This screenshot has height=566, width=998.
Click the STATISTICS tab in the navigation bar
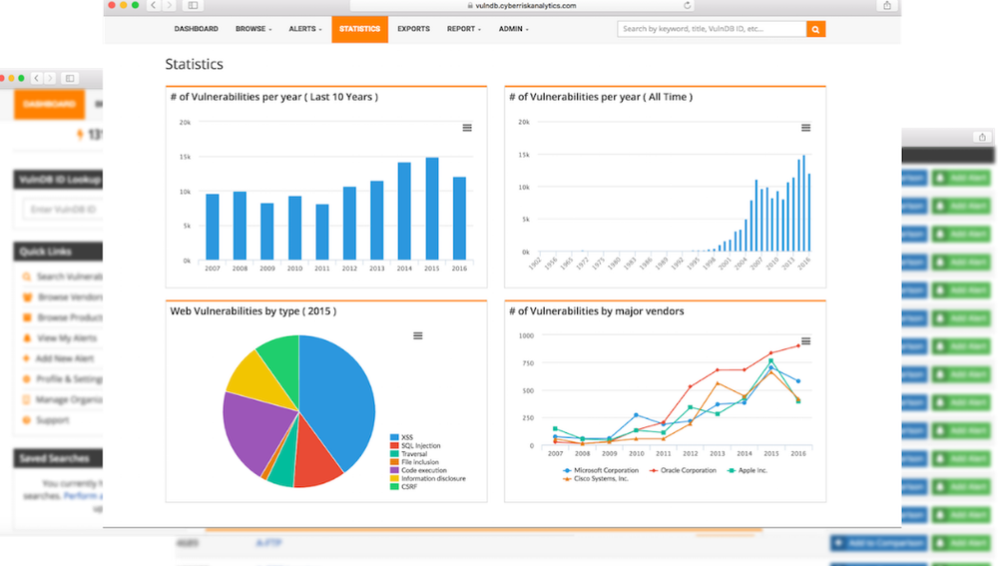pyautogui.click(x=359, y=29)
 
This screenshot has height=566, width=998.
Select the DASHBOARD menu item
pyautogui.click(x=196, y=29)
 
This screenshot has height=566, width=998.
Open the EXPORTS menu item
pyautogui.click(x=413, y=29)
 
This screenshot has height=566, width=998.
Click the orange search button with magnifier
pyautogui.click(x=815, y=30)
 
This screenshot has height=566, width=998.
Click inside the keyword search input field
pyautogui.click(x=711, y=30)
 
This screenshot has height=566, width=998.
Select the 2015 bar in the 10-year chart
pyautogui.click(x=432, y=209)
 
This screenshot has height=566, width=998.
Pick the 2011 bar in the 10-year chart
pyautogui.click(x=322, y=232)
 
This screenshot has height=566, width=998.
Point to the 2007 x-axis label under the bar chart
pyautogui.click(x=213, y=269)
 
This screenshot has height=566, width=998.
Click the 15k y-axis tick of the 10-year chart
pyautogui.click(x=185, y=157)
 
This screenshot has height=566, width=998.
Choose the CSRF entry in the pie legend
pyautogui.click(x=411, y=487)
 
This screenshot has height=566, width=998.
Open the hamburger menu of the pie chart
pyautogui.click(x=418, y=335)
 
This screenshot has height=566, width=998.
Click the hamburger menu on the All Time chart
pyautogui.click(x=805, y=128)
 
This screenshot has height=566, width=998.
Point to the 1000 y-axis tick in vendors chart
pyautogui.click(x=525, y=335)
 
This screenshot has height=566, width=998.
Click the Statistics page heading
pyautogui.click(x=194, y=64)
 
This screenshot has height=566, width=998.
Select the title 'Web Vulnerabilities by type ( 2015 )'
pyautogui.click(x=252, y=311)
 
